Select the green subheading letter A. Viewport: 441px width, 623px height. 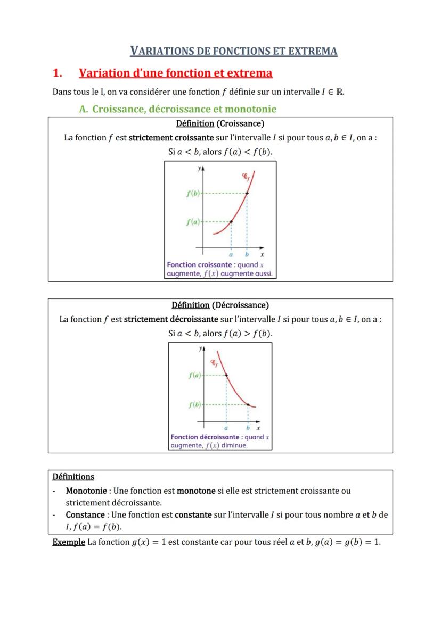(x=83, y=110)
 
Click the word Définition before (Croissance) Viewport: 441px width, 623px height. (x=195, y=124)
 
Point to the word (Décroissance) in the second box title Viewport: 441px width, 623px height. (x=240, y=305)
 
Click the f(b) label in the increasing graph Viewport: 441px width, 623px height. (x=193, y=193)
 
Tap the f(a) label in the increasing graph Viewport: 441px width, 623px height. (x=193, y=222)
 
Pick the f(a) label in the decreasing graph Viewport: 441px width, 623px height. (x=194, y=376)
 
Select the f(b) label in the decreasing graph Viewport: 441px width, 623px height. (x=194, y=405)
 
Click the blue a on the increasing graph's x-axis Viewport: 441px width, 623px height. (x=231, y=255)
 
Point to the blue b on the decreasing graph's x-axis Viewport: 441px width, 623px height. (x=248, y=428)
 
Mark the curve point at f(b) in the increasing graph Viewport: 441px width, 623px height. (x=247, y=193)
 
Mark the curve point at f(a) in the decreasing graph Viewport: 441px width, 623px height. (x=226, y=375)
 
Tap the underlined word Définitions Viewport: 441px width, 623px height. (x=73, y=477)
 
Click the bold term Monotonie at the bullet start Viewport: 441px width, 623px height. (x=85, y=491)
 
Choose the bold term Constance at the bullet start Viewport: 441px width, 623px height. (x=85, y=515)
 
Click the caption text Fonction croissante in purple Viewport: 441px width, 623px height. (x=200, y=265)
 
